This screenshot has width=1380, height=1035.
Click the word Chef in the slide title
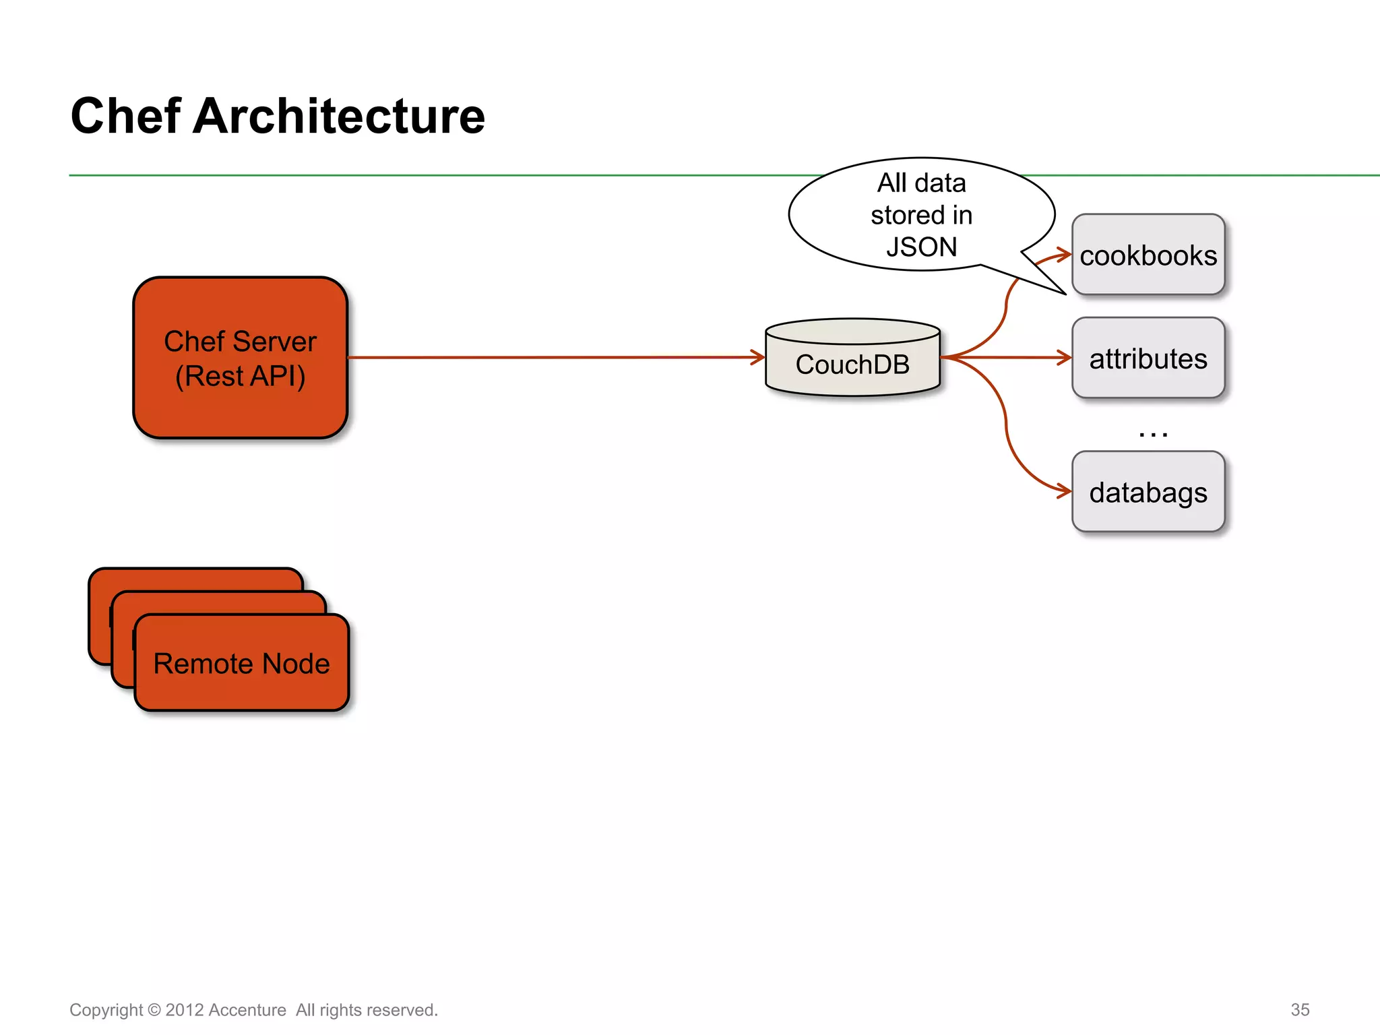click(125, 116)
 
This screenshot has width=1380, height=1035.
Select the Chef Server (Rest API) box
click(240, 358)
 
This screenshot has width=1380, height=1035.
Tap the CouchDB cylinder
click(852, 364)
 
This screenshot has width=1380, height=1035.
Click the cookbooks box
click(1148, 255)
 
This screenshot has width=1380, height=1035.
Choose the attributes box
click(1148, 358)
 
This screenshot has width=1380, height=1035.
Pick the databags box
click(1148, 493)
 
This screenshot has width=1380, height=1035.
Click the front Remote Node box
click(241, 664)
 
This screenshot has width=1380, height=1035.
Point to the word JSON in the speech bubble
click(921, 247)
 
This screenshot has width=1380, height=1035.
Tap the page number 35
click(1300, 1009)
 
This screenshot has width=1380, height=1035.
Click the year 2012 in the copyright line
click(185, 1010)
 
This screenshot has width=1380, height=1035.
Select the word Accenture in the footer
click(247, 1010)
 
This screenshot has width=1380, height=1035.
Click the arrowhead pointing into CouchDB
click(759, 357)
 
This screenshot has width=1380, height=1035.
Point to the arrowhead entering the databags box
click(1065, 492)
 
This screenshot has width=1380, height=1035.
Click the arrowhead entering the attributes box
click(1066, 358)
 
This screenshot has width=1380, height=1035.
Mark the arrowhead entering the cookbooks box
click(1065, 255)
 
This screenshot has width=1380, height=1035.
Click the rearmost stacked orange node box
click(195, 579)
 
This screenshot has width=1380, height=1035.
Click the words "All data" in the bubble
click(921, 183)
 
